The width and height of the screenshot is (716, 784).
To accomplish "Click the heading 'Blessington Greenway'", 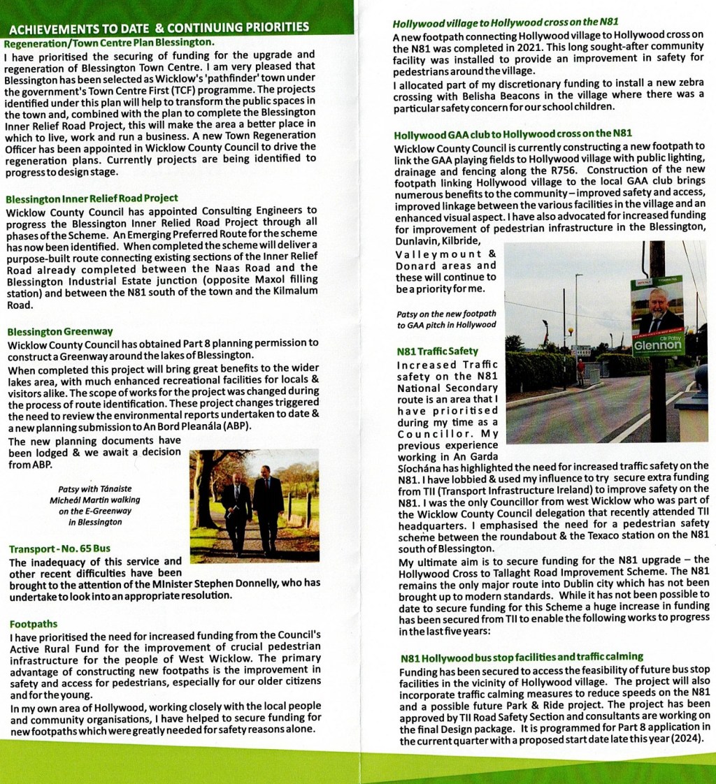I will (60, 331).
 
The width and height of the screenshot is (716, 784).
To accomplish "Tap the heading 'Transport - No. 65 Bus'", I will (59, 549).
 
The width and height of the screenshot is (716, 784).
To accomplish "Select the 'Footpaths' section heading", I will (34, 624).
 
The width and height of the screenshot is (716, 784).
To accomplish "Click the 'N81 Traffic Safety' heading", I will (438, 351).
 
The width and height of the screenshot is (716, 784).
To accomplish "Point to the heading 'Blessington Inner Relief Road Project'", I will (92, 198).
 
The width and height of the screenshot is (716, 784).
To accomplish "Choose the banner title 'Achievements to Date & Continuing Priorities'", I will (159, 28).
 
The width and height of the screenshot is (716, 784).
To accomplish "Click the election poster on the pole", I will (657, 317).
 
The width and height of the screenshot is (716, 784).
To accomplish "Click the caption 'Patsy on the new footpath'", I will (447, 314).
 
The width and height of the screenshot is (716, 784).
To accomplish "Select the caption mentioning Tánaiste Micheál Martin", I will (95, 500).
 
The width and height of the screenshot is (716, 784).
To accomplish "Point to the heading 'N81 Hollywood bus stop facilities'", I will (522, 657).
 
